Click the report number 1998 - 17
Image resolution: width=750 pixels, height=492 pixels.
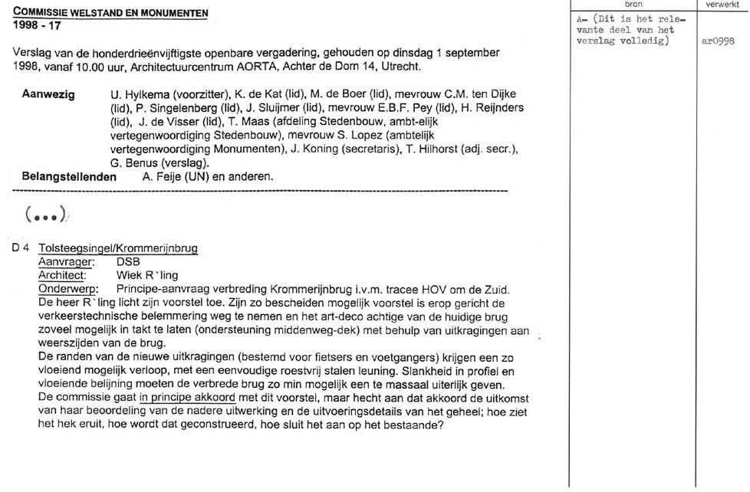click(38, 25)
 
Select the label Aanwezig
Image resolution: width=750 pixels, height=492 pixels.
click(49, 94)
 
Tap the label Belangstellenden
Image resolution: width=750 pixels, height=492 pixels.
click(70, 177)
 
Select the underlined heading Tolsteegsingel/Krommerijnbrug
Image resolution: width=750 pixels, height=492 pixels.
click(118, 249)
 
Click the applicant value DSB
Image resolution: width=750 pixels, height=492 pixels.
click(128, 262)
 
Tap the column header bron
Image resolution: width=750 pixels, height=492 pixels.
click(633, 5)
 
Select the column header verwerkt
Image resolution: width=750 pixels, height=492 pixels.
click(722, 5)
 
